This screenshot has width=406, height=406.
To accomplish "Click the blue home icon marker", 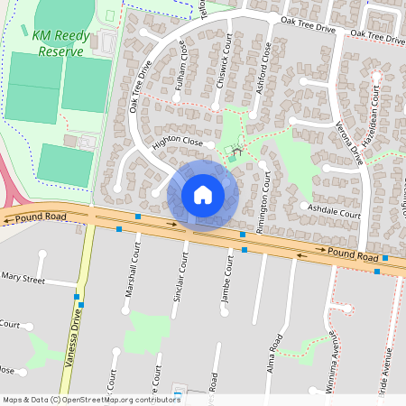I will click(x=203, y=194).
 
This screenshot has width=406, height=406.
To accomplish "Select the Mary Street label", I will click(x=23, y=280).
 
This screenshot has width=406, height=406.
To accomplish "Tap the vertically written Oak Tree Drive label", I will click(x=139, y=86).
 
